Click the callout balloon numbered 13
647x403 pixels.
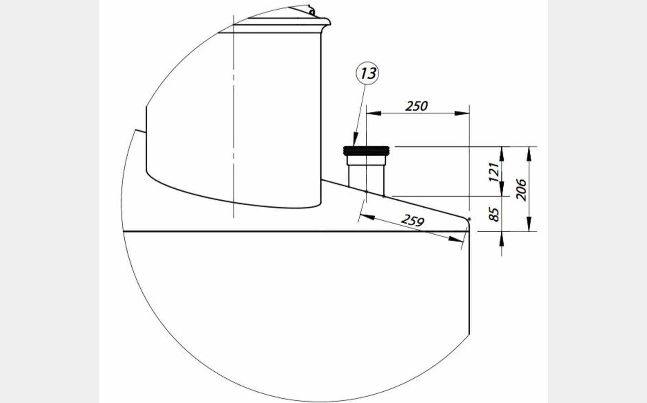pos(367,73)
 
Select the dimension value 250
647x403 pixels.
pos(416,106)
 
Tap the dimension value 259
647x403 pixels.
pos(413,220)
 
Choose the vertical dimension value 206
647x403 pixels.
pos(521,190)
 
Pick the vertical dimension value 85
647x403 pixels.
pos(494,214)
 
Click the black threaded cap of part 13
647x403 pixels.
pos(366,151)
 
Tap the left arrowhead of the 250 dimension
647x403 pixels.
pos(374,113)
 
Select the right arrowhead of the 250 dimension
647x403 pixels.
pos(462,113)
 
